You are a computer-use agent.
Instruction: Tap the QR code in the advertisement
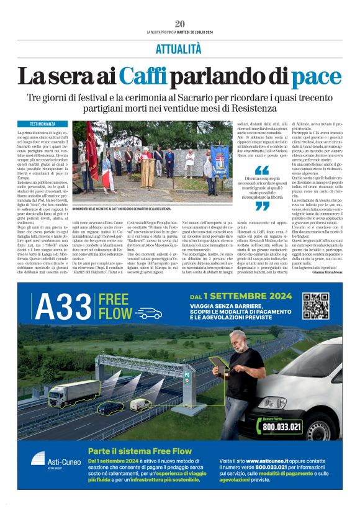pyautogui.click(x=316, y=305)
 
